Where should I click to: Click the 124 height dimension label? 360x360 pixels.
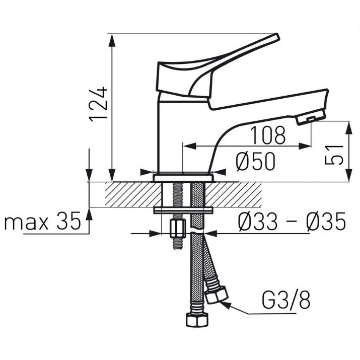pyautogui.click(x=98, y=104)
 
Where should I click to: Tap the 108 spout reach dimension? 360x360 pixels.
pyautogui.click(x=268, y=135)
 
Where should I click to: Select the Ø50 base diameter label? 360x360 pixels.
pyautogui.click(x=255, y=161)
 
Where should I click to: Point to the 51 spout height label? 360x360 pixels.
pyautogui.click(x=334, y=155)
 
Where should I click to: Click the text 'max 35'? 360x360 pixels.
pyautogui.click(x=43, y=221)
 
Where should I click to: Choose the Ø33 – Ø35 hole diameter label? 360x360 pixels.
pyautogui.click(x=292, y=221)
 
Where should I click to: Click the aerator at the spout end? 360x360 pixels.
pyautogui.click(x=311, y=117)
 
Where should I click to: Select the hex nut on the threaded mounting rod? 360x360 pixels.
pyautogui.click(x=178, y=229)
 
